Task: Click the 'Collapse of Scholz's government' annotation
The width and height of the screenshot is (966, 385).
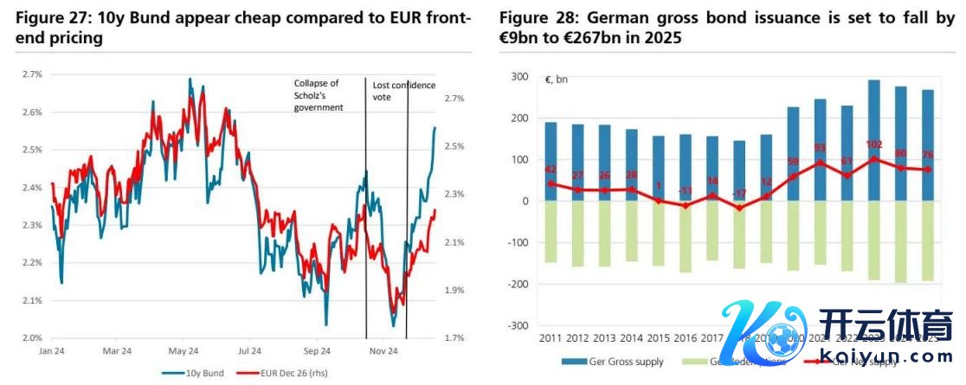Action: point(318,95)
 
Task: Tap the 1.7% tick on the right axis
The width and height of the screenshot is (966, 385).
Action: point(454,337)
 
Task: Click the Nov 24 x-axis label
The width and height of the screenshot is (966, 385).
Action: point(383,351)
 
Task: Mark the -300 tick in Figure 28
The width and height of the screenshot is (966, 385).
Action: point(516,325)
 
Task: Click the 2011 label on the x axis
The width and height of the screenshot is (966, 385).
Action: point(551,337)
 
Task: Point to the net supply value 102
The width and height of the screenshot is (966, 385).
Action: point(874,145)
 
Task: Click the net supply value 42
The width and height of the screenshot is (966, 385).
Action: point(551,170)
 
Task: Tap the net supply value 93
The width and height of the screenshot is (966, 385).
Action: point(821,148)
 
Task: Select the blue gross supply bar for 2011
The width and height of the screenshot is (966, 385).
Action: point(551,161)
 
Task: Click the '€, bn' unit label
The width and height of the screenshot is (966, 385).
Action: point(556,80)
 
